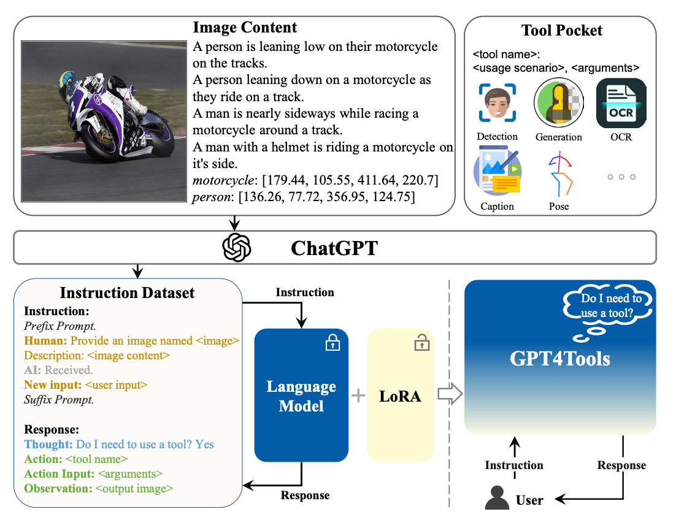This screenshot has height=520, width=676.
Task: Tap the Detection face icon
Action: point(497,104)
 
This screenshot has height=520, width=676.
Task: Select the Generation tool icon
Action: point(558,104)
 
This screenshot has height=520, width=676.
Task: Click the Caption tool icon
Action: point(497,172)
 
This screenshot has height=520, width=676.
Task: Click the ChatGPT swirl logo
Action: point(237,248)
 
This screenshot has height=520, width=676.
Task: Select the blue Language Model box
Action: point(301,396)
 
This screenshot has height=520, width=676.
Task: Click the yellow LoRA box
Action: point(401,396)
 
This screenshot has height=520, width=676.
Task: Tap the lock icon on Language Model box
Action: point(332,343)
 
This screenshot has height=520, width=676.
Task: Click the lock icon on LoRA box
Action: point(421,343)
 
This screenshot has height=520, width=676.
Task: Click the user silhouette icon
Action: point(497,499)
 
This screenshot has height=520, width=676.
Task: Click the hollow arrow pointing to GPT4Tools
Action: point(449,396)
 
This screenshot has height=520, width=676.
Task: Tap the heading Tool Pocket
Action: point(561,30)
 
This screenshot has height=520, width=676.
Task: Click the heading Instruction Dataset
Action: point(127,293)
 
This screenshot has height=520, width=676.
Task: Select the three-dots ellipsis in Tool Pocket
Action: point(621,177)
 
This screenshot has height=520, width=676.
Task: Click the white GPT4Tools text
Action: point(559,359)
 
